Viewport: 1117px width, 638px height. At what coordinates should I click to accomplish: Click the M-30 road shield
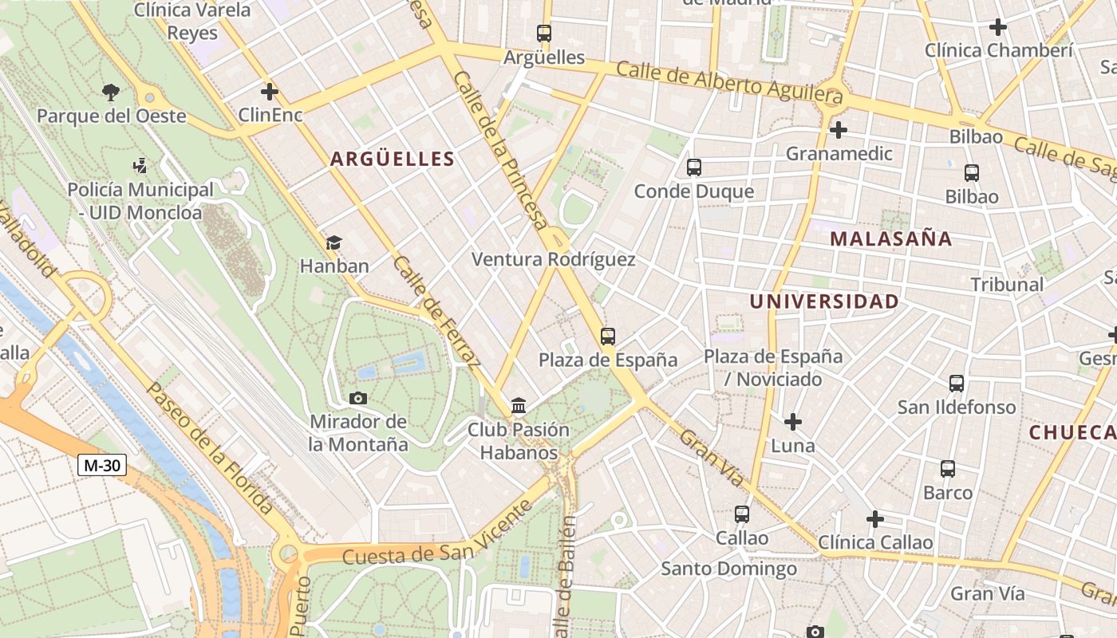102,465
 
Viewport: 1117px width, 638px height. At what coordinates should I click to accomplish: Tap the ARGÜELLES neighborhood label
393,159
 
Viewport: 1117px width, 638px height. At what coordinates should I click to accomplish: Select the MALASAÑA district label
891,238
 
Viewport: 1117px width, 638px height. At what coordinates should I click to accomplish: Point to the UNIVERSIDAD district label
824,301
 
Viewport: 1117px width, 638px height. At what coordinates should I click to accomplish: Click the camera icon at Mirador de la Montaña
358,398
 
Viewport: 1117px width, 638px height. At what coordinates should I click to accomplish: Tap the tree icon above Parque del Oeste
111,92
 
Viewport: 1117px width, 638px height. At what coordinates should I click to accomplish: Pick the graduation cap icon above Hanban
334,242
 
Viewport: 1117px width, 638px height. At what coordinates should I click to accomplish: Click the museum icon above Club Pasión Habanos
519,406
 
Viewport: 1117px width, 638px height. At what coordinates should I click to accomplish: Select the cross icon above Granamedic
838,129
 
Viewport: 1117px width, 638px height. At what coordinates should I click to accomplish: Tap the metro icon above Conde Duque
694,167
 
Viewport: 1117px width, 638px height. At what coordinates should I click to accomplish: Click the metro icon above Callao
742,514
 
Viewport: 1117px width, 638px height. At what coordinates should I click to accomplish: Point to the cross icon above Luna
793,421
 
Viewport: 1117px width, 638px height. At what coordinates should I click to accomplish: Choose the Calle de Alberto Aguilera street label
729,81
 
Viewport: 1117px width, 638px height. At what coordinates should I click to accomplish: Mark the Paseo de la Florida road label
211,447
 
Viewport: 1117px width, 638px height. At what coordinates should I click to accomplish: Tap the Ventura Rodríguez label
554,259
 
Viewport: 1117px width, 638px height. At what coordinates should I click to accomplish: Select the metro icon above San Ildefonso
957,384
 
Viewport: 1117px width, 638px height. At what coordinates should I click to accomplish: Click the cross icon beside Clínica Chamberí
997,27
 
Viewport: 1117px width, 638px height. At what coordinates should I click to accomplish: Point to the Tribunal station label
1007,284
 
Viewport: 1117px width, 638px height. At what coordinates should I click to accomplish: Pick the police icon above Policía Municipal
140,166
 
